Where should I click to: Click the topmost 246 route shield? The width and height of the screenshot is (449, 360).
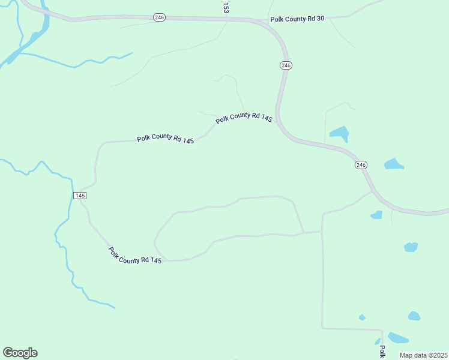tap(159, 17)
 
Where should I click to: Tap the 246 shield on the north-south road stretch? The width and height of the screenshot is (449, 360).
tap(286, 65)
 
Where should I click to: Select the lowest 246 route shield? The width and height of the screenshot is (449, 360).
tap(360, 164)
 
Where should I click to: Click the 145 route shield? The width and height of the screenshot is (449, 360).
tap(80, 196)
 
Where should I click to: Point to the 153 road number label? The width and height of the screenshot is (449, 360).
tap(226, 7)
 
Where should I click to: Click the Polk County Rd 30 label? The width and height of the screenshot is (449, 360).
tap(297, 19)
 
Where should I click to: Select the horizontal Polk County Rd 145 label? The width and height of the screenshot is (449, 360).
tap(165, 139)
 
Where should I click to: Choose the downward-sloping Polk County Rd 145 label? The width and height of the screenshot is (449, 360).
tap(135, 256)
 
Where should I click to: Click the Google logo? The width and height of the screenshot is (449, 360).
tap(20, 352)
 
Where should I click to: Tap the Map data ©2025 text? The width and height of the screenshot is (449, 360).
tap(423, 355)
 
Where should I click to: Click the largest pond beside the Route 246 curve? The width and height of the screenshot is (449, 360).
tap(339, 133)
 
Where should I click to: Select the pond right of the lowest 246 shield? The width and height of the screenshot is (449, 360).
tap(394, 164)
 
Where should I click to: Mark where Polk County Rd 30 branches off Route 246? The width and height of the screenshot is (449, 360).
tap(264, 22)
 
